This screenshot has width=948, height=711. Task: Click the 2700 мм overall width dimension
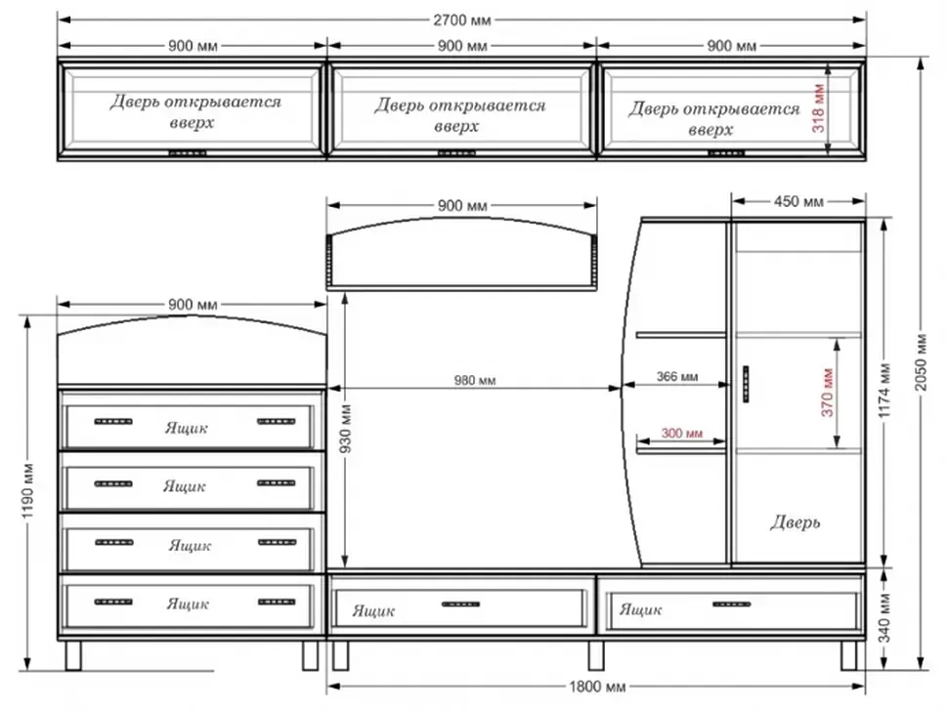pos(462,20)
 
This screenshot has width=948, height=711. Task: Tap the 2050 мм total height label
pos(921,361)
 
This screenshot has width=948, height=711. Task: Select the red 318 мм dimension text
pos(819,108)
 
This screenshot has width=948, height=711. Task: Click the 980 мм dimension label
pos(475,381)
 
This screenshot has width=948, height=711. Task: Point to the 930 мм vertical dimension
pos(345,430)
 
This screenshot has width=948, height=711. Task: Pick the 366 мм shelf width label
pos(677,377)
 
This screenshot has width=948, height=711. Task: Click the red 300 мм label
pos(681,433)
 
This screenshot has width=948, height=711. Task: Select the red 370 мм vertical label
pos(827,392)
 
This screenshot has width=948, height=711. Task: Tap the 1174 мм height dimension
pos(884,391)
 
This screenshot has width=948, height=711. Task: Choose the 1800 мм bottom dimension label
pos(597,687)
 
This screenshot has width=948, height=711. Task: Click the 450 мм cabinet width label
pos(798,201)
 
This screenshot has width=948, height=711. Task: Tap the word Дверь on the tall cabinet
pos(795,522)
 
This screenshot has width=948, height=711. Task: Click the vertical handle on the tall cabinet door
pos(746,384)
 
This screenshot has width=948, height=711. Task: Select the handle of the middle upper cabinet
pos(456,153)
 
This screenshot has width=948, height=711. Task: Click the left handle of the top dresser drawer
pos(113,422)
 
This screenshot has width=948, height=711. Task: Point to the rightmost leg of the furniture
pos(849,655)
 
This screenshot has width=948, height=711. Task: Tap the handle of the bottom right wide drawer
pos(732,605)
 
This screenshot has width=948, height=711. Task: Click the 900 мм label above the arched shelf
pos(462,206)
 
